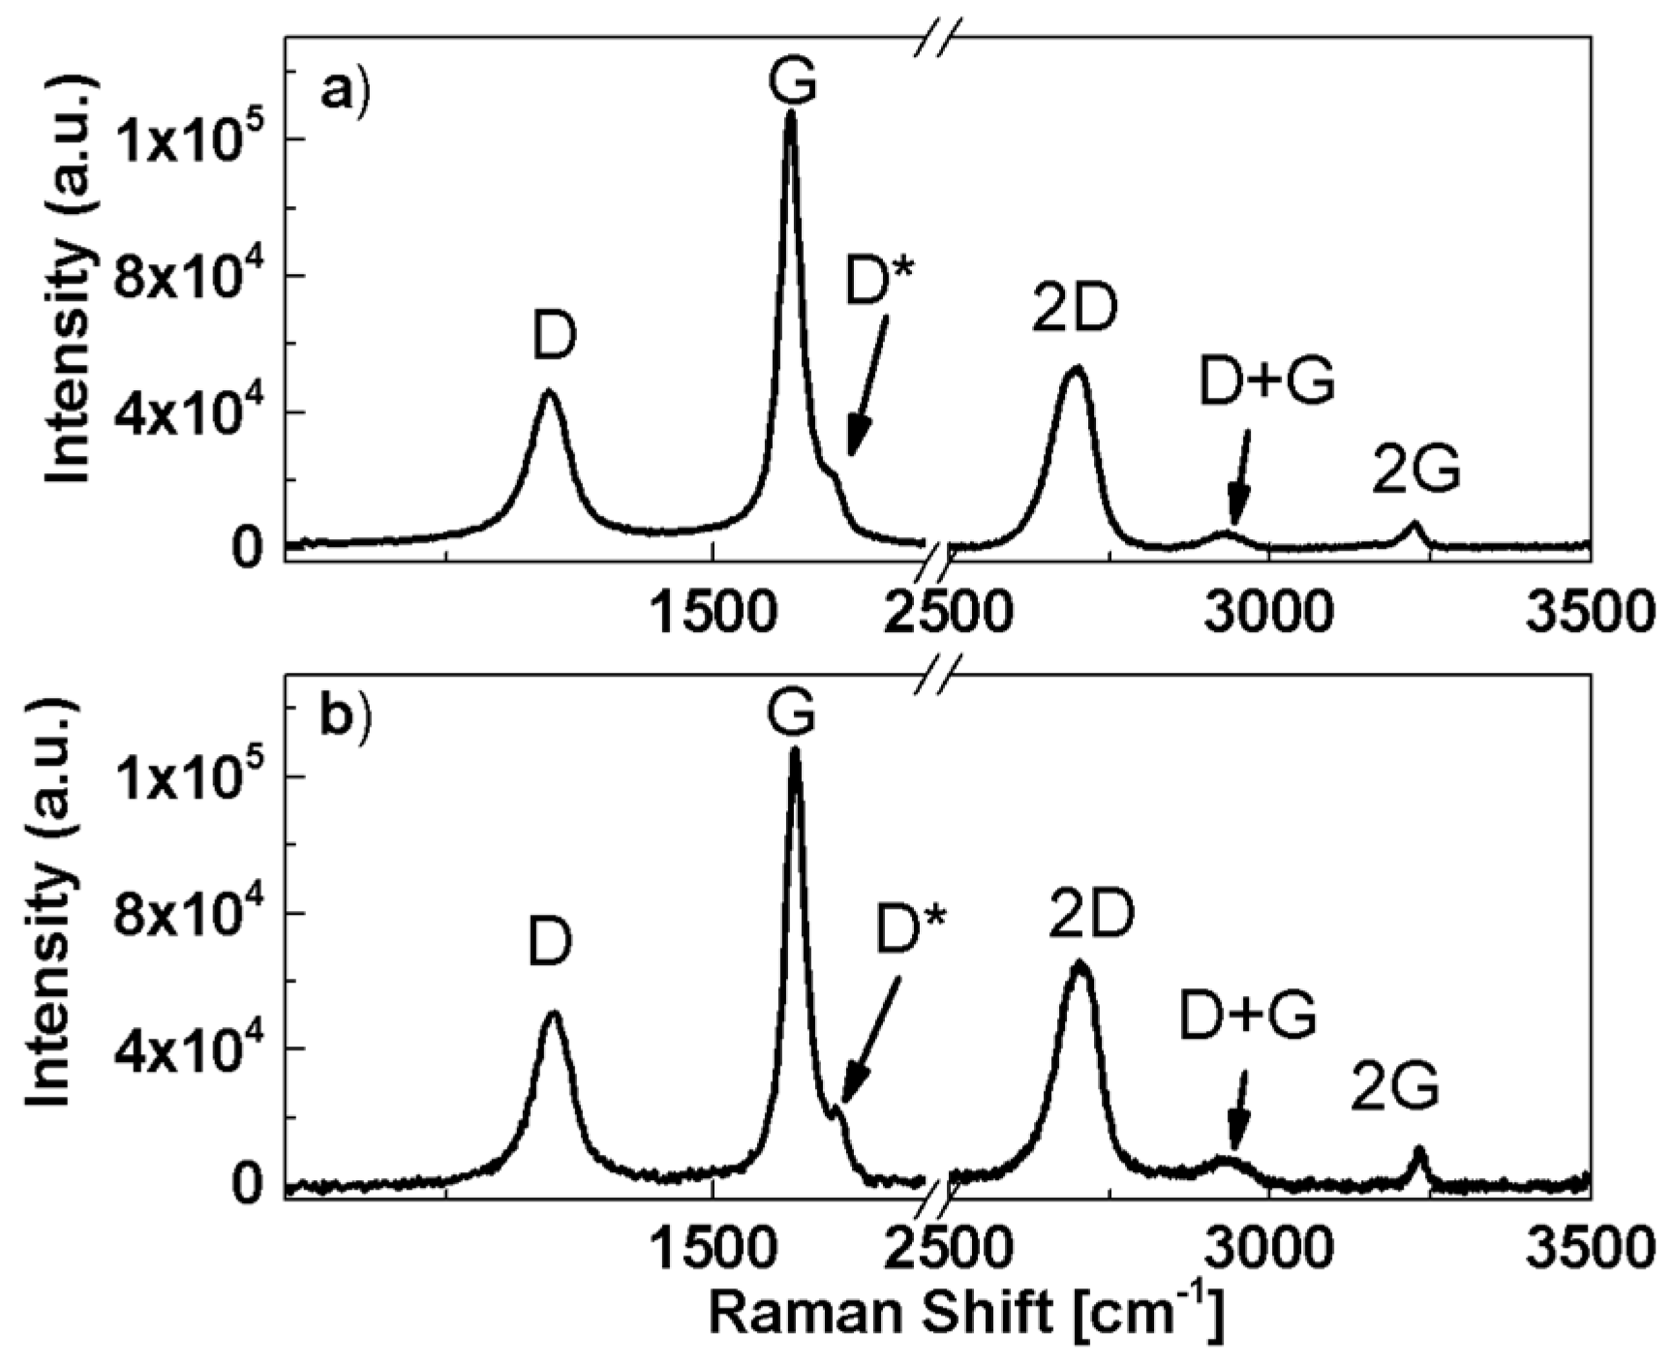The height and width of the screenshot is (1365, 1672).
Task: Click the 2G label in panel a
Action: pyautogui.click(x=1416, y=473)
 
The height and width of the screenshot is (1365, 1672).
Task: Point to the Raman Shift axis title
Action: pyautogui.click(x=966, y=1315)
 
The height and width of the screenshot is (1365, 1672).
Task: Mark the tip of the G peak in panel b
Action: pyautogui.click(x=796, y=749)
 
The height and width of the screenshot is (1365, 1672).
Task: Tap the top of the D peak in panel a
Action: pyautogui.click(x=549, y=391)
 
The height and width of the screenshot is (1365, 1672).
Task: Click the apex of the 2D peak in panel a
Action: pyautogui.click(x=1077, y=369)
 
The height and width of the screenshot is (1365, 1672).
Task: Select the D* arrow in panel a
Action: pyautogui.click(x=867, y=387)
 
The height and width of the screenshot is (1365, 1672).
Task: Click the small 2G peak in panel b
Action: pyautogui.click(x=1420, y=1151)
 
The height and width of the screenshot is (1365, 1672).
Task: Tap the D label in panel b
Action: pyautogui.click(x=550, y=943)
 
